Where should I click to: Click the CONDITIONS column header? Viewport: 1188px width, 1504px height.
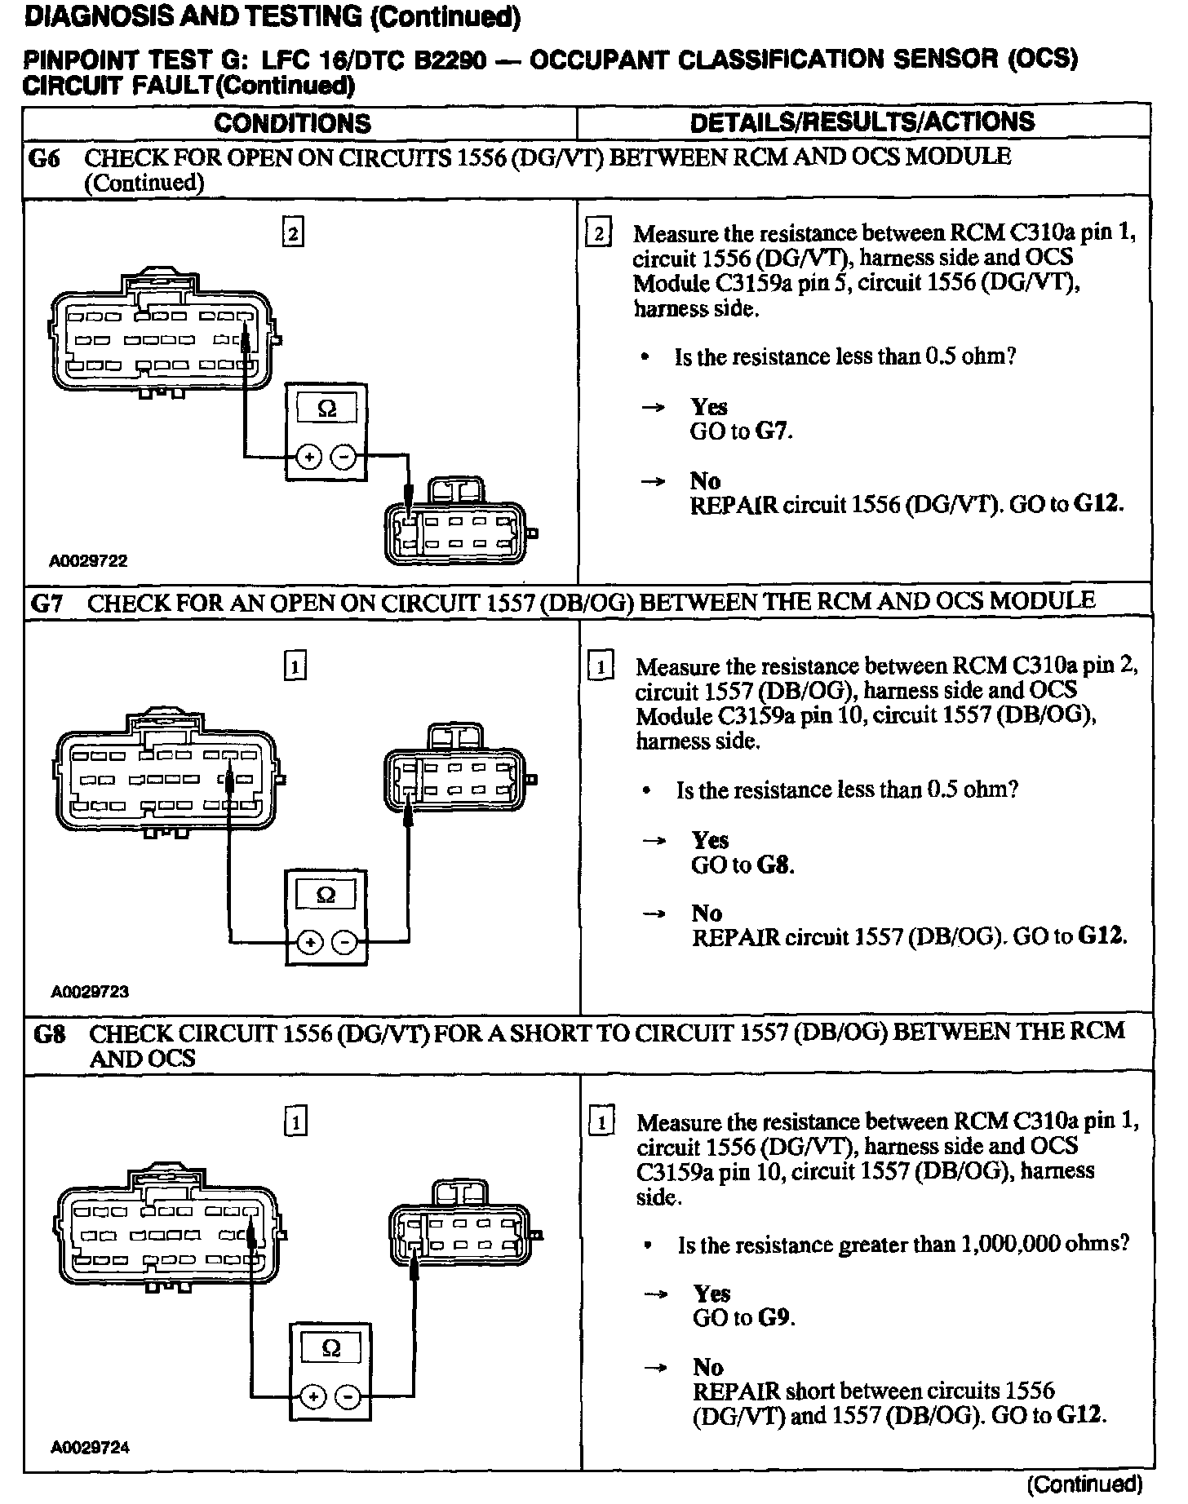pyautogui.click(x=292, y=123)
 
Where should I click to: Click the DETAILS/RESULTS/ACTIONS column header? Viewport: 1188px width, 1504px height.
pyautogui.click(x=862, y=122)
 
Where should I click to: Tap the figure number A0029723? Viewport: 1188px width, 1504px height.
pyautogui.click(x=90, y=992)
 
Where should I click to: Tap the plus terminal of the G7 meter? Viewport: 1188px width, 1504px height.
pyautogui.click(x=309, y=944)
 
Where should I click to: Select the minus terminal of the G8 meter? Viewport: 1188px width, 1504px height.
pyautogui.click(x=350, y=1398)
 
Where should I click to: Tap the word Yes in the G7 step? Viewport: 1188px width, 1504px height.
pyautogui.click(x=710, y=840)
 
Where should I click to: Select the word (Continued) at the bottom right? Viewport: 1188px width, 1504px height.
pyautogui.click(x=1084, y=1484)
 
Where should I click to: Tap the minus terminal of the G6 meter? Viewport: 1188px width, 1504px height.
pyautogui.click(x=346, y=458)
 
